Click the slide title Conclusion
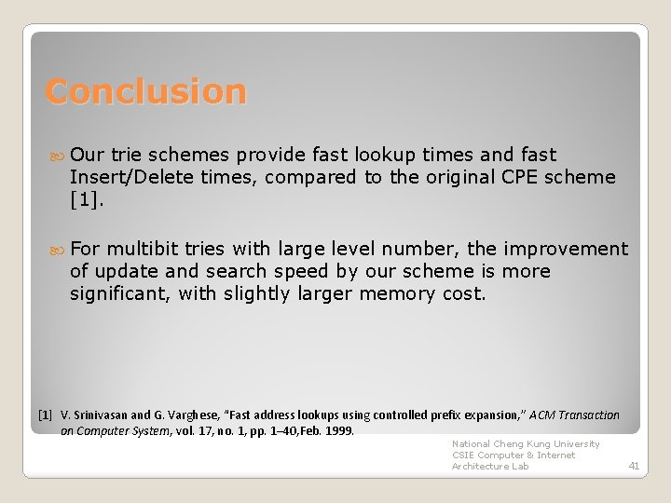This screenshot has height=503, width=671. [x=146, y=91]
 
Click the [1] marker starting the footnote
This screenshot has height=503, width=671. [x=45, y=415]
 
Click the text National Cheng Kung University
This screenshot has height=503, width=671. [x=526, y=444]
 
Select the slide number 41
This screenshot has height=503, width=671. [x=634, y=466]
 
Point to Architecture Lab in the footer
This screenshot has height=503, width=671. [x=490, y=467]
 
